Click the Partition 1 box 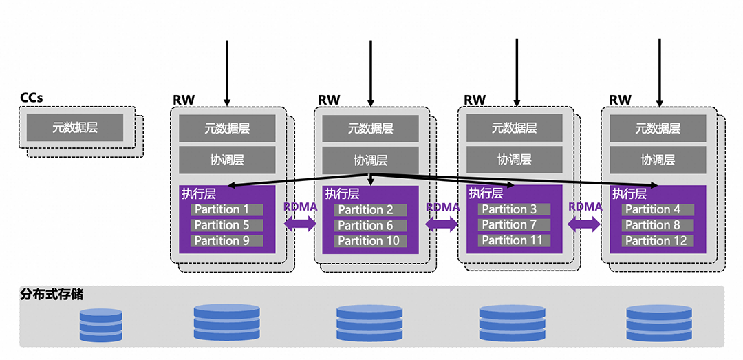pos(227,209)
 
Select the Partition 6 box pos(370,226)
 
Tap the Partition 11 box pos(513,240)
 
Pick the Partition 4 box pos(658,209)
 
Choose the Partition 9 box pos(227,240)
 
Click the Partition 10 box pos(370,241)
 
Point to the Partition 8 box pos(658,225)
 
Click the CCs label pos(32,98)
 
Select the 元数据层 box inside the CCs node pos(75,127)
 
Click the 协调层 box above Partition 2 pos(370,160)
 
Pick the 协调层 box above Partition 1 pos(227,160)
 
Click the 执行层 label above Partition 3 pos(485,194)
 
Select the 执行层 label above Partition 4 pos(629,194)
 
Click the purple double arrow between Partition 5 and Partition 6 pos(300,223)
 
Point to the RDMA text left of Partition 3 pos(442,207)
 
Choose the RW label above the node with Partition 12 pos(620,100)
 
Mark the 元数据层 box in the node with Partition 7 pos(515,128)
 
